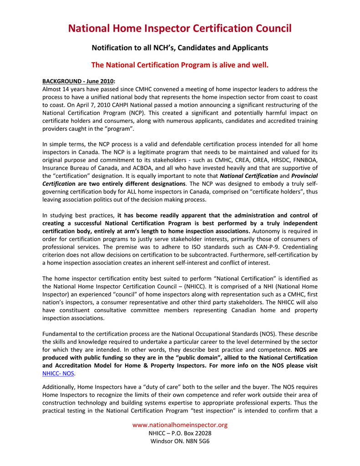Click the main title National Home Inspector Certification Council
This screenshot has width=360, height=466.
point(180,29)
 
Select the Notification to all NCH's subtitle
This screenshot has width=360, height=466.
point(180,48)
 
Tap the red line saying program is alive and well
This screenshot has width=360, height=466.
point(180,65)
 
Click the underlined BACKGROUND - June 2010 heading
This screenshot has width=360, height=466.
point(79,81)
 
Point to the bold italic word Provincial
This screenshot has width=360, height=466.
point(304,175)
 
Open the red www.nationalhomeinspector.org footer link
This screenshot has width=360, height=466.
point(180,425)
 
